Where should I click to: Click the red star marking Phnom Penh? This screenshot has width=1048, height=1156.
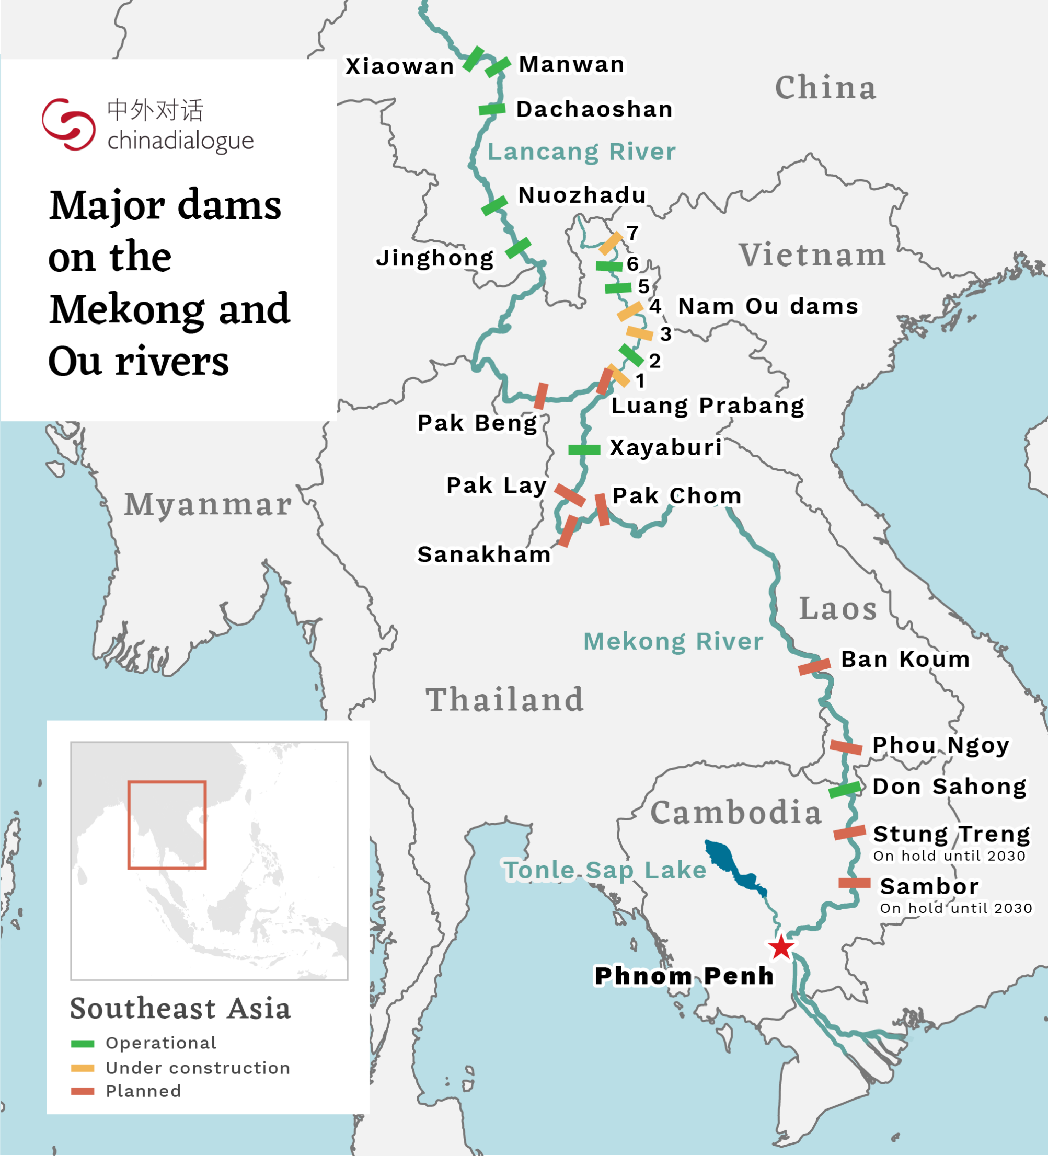pyautogui.click(x=781, y=947)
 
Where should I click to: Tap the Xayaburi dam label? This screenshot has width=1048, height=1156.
pyautogui.click(x=665, y=448)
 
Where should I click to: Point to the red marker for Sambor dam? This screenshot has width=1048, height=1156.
pyautogui.click(x=854, y=883)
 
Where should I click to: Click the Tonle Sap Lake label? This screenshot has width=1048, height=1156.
pyautogui.click(x=605, y=871)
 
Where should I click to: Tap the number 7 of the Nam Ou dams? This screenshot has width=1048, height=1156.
pyautogui.click(x=632, y=233)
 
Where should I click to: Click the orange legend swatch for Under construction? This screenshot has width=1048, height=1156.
pyautogui.click(x=83, y=1068)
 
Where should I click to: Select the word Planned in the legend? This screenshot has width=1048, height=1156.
pyautogui.click(x=143, y=1091)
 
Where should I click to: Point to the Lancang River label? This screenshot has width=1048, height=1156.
pyautogui.click(x=581, y=152)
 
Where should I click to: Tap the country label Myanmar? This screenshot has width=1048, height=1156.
pyautogui.click(x=208, y=505)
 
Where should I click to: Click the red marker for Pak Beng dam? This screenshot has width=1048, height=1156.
pyautogui.click(x=540, y=396)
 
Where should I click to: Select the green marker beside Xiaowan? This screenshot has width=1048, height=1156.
pyautogui.click(x=473, y=59)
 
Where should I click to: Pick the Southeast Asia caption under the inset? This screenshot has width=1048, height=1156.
pyautogui.click(x=180, y=1008)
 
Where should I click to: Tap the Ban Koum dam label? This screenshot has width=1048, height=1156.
pyautogui.click(x=905, y=660)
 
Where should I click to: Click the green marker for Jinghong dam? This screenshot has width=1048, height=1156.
pyautogui.click(x=518, y=248)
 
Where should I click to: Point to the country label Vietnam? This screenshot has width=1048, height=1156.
pyautogui.click(x=812, y=255)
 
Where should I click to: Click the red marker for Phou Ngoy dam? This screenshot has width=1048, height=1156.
pyautogui.click(x=846, y=747)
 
